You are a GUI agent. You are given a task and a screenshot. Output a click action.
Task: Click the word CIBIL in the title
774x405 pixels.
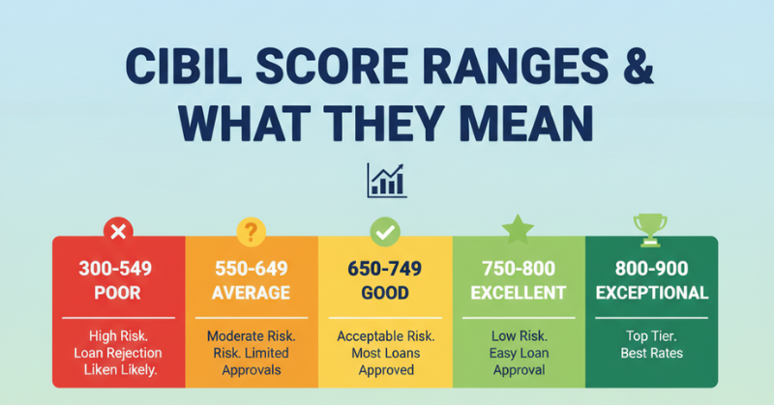click(x=184, y=66)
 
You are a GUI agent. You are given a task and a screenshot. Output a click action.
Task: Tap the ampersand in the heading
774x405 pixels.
click(x=639, y=66)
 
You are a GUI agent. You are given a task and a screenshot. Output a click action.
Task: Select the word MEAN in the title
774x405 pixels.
click(x=526, y=124)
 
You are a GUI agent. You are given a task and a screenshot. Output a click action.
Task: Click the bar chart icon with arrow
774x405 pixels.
click(x=387, y=181)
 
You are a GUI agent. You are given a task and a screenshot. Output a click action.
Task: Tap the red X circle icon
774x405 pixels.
click(x=118, y=231)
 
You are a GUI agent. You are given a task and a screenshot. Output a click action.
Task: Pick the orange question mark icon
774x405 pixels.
click(x=252, y=232)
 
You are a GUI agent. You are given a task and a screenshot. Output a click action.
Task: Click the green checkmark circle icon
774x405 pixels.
click(x=385, y=232)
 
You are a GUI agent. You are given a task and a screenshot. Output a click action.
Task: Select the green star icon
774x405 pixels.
click(x=518, y=229)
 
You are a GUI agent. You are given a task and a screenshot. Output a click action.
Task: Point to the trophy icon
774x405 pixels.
click(x=650, y=230)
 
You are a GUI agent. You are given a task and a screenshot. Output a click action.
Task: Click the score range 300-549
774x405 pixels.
click(x=115, y=269)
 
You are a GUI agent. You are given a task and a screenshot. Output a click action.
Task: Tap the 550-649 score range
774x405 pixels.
click(x=252, y=269)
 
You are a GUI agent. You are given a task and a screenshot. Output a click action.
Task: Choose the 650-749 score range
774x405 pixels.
click(x=384, y=269)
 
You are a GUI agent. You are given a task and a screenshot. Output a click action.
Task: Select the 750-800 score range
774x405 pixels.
click(x=519, y=269)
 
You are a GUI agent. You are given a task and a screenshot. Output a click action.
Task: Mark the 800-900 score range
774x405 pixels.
click(x=651, y=269)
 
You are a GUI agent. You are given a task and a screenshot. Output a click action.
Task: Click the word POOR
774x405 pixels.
click(x=117, y=293)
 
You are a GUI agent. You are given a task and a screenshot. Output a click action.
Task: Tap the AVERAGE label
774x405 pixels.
click(x=252, y=293)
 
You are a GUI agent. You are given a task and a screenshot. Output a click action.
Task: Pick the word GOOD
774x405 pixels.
click(x=385, y=293)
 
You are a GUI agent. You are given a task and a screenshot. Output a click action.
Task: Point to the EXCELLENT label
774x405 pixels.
click(x=519, y=293)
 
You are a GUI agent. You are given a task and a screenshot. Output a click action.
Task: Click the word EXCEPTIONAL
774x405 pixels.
click(x=652, y=293)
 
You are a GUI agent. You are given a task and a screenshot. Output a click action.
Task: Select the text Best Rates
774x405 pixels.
click(x=651, y=353)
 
